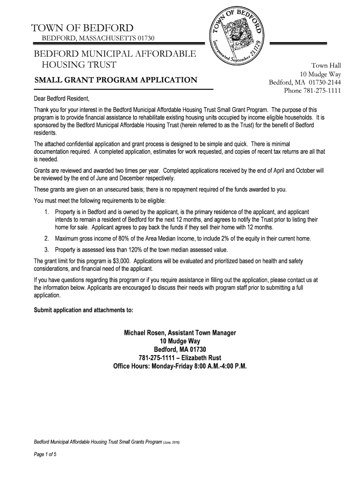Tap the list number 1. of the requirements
click(47, 212)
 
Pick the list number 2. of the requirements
click(47, 239)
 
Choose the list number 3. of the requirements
click(47, 250)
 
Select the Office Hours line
click(180, 366)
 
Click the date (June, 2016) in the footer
click(174, 442)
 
